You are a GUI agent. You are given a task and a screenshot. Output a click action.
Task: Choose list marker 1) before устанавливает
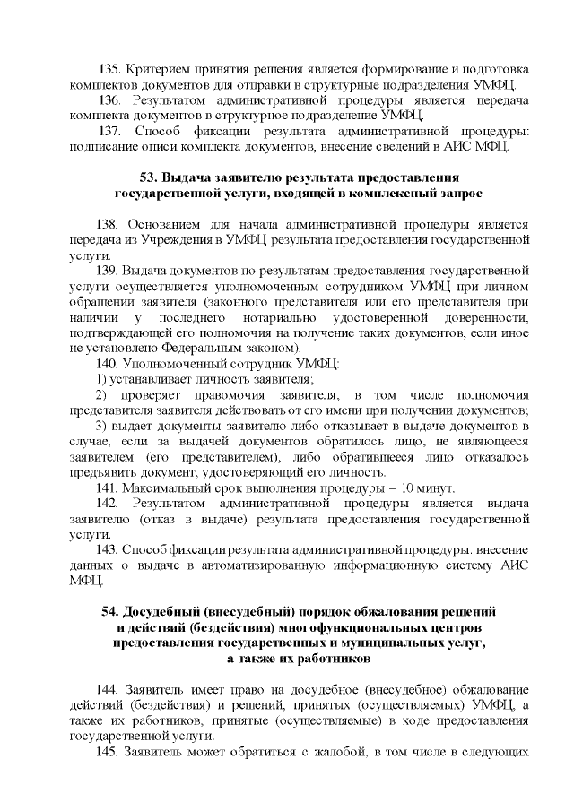[x=101, y=377]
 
